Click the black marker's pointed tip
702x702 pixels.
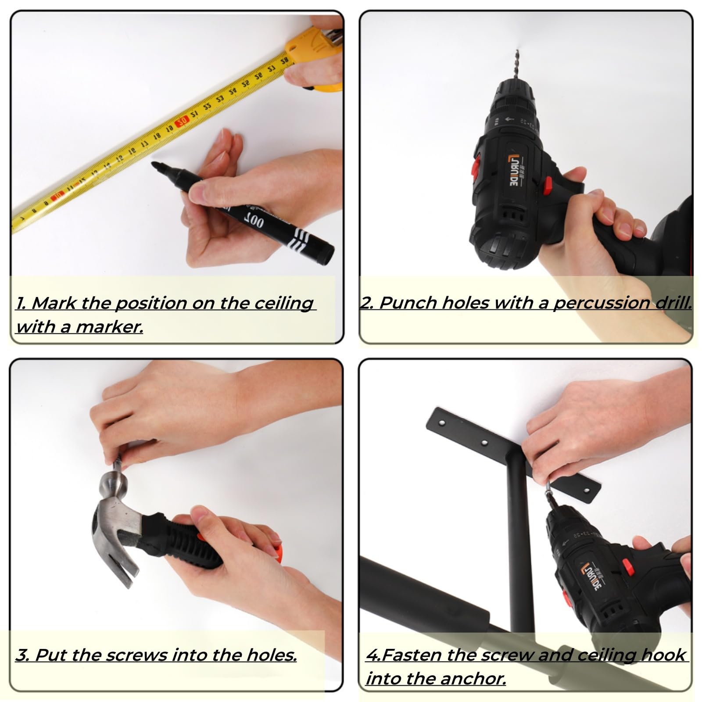[x=153, y=164]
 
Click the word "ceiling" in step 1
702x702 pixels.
[x=284, y=304]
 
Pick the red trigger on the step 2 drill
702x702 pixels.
[x=548, y=186]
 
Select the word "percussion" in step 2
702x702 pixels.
[x=602, y=303]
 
